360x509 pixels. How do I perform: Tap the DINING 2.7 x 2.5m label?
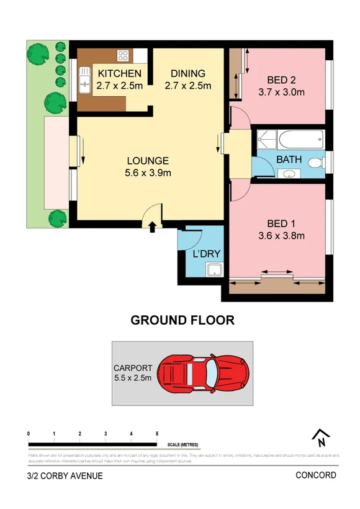pyautogui.click(x=188, y=79)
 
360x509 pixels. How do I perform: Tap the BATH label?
pyautogui.click(x=289, y=160)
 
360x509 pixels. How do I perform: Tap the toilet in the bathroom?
pyautogui.click(x=316, y=163)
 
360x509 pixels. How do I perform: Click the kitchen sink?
pyautogui.click(x=84, y=79)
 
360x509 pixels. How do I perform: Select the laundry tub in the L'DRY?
pyautogui.click(x=215, y=270)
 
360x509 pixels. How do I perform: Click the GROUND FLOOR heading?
pyautogui.click(x=182, y=320)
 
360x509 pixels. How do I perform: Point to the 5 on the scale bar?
pyautogui.click(x=157, y=433)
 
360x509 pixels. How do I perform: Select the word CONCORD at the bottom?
pyautogui.click(x=316, y=475)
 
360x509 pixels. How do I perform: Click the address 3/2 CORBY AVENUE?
pyautogui.click(x=65, y=476)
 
